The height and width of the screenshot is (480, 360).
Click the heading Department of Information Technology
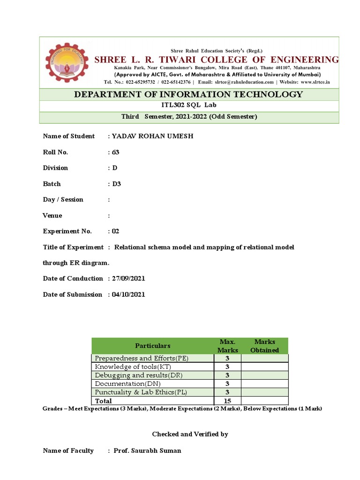[188, 94]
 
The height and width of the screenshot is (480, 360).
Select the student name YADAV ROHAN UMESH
[146, 136]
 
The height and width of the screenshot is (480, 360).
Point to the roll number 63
[116, 152]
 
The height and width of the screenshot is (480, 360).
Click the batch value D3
[116, 184]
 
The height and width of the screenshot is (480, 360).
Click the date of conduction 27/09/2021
[129, 278]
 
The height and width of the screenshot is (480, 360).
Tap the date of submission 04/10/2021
[129, 294]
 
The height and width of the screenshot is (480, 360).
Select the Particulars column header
[153, 345]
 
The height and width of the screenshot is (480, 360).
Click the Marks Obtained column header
[265, 345]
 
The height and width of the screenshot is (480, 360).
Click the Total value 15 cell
[227, 401]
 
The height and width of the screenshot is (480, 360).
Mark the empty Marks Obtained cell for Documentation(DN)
[265, 384]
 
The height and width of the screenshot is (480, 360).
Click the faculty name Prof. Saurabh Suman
[147, 450]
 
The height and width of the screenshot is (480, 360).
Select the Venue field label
[52, 216]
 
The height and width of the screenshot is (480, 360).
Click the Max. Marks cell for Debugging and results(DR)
[227, 375]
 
